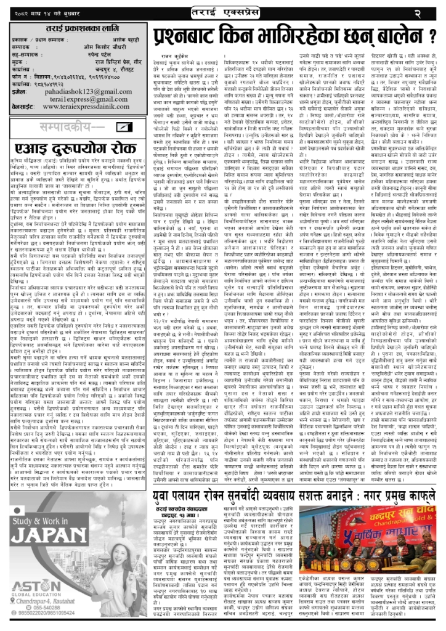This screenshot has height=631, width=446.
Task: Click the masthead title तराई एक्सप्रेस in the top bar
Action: [223, 12]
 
